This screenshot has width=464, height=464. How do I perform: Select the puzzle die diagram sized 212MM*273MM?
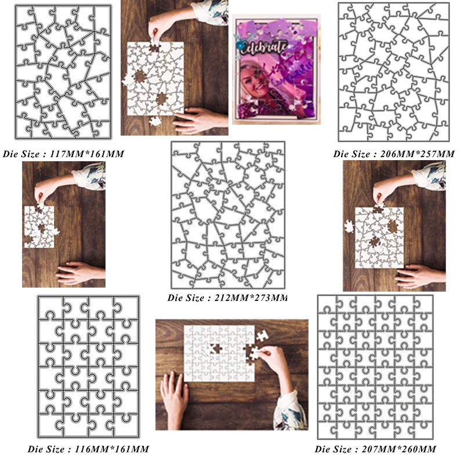coord(228,215)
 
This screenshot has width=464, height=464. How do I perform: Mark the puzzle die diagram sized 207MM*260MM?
coord(375,367)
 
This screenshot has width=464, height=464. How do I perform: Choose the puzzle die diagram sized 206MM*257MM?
coord(394,72)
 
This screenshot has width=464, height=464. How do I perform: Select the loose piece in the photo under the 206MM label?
coord(349,226)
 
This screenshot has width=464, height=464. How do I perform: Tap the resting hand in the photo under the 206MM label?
coord(418,276)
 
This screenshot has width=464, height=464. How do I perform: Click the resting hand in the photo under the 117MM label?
coord(79,272)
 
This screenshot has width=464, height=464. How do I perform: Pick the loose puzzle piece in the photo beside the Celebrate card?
coord(155,121)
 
